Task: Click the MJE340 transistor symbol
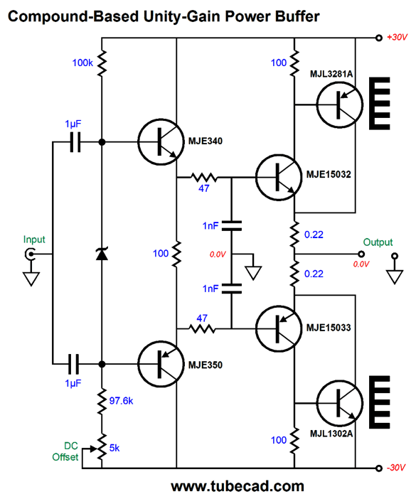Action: [161, 142]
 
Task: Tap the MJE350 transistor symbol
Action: [161, 364]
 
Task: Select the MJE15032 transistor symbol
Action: [279, 177]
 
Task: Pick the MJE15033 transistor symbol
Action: [279, 328]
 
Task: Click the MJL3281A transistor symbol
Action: [340, 104]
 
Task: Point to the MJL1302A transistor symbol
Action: [340, 403]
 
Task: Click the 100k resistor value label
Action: [82, 63]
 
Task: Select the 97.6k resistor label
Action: [121, 401]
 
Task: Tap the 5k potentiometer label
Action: [114, 448]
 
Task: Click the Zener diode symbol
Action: [102, 254]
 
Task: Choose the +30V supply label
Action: [397, 37]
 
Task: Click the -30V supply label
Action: [396, 468]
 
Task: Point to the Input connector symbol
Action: [30, 254]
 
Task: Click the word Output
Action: [378, 242]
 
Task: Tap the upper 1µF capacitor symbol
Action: [75, 142]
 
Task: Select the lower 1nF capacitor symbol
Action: [231, 289]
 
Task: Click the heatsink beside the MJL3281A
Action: [380, 104]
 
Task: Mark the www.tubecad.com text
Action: [237, 487]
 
